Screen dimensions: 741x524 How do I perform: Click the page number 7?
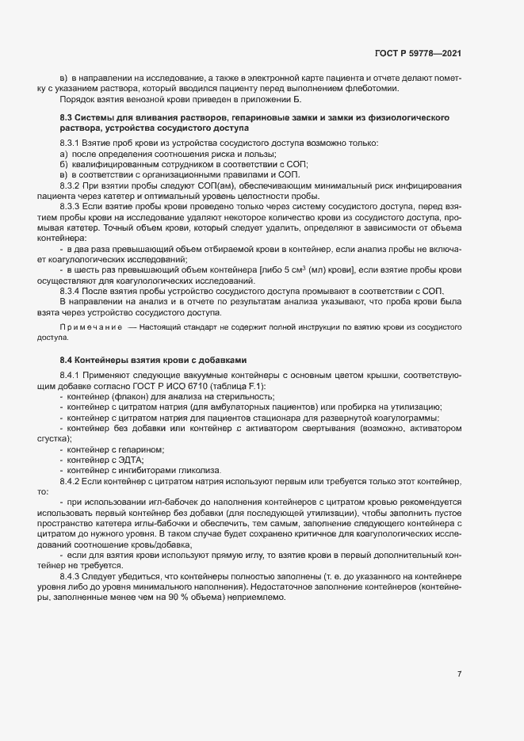(459, 674)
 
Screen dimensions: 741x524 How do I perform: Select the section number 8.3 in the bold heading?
(67, 117)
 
